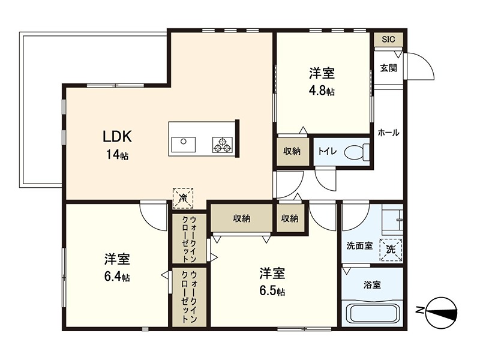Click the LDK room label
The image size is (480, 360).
coord(117,136)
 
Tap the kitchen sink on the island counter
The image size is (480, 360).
coord(183,145)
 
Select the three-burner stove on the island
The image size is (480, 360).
coord(222,145)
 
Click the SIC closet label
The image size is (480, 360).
coord(389,40)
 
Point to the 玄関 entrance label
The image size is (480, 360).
coord(389,68)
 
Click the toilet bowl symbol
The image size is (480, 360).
coord(358,151)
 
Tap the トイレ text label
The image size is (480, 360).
coord(327,151)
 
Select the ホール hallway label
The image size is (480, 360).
coord(388,133)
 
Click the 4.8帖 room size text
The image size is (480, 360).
coord(322,91)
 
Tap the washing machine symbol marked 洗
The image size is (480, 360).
coord(391,248)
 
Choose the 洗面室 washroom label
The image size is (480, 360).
coord(360,246)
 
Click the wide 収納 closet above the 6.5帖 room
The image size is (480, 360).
coord(242,218)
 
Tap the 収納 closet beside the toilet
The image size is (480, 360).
coord(292,151)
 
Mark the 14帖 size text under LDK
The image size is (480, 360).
coord(117,155)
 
